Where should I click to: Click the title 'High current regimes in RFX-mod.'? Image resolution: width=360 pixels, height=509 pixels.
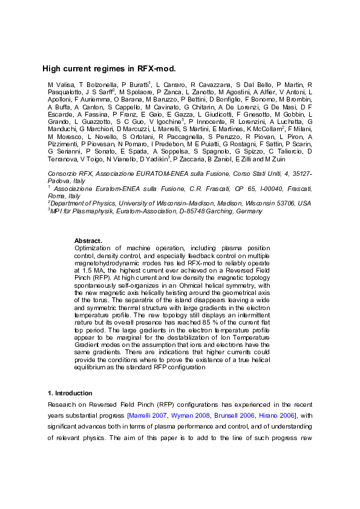click(100, 69)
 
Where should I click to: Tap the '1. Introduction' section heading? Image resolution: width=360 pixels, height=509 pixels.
click(71, 393)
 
